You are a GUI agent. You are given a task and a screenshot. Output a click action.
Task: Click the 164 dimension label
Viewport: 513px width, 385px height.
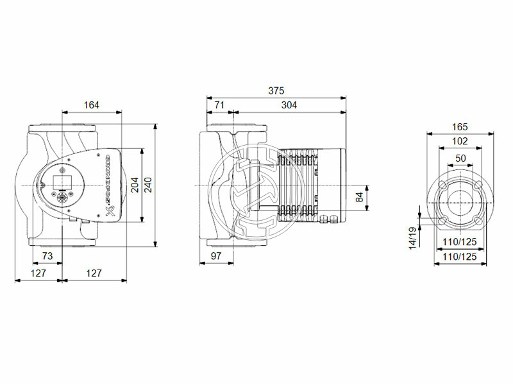(92, 105)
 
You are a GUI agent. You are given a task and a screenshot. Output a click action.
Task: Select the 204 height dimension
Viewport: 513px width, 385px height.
(135, 185)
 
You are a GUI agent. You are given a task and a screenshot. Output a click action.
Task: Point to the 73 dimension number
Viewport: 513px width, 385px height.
(47, 256)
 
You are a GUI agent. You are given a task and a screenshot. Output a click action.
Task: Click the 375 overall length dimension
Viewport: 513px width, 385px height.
(276, 91)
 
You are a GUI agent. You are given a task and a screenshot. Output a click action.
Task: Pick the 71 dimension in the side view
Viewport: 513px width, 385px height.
(219, 105)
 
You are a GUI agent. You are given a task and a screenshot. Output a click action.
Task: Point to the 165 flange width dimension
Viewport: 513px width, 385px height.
(460, 127)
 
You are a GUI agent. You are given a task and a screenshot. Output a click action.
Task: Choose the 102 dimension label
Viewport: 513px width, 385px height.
(460, 141)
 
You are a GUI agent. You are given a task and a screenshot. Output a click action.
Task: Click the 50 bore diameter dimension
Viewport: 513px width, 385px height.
(460, 157)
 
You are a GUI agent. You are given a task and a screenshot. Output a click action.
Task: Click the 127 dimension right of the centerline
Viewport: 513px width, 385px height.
(94, 273)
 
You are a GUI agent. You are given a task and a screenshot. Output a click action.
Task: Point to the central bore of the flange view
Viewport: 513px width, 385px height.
(460, 199)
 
